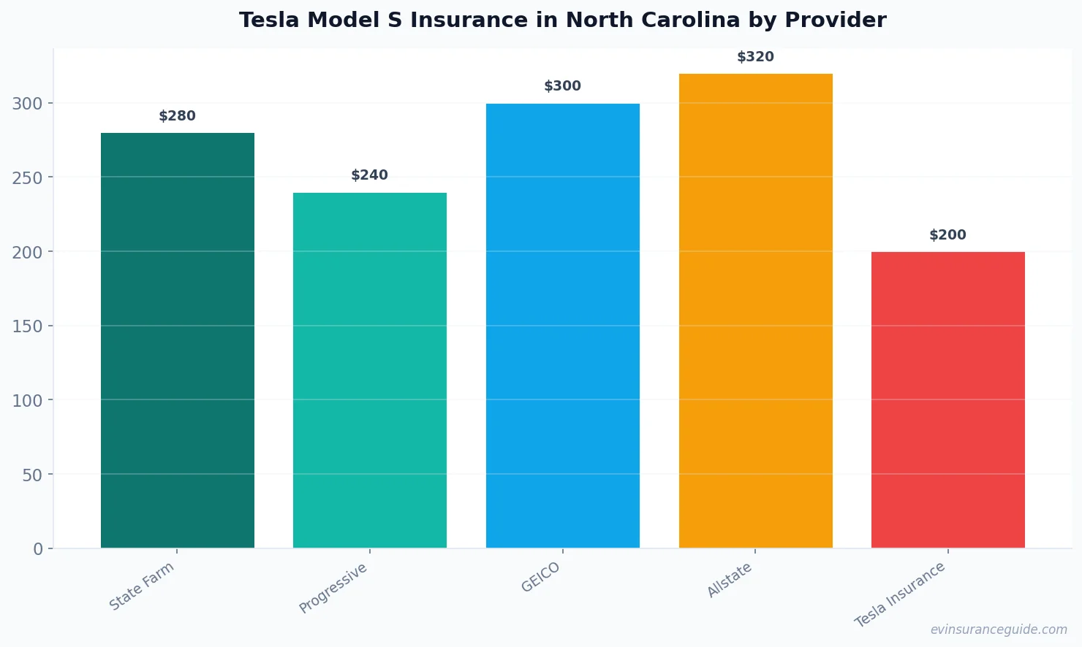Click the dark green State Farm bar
[x=178, y=340]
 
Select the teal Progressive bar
[x=370, y=370]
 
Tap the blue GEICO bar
[x=563, y=326]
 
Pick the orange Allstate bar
[x=755, y=311]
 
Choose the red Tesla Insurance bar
[x=948, y=400]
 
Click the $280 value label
[x=178, y=116]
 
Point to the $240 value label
[x=370, y=175]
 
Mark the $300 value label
[x=563, y=86]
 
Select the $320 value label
[x=755, y=57]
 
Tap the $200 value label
[x=948, y=235]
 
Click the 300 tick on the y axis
[x=27, y=104]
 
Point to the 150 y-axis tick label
[x=27, y=326]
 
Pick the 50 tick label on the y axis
[x=32, y=475]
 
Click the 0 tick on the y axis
[x=38, y=549]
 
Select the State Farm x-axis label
[x=142, y=586]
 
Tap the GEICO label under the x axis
[x=541, y=578]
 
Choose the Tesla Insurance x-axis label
[x=900, y=595]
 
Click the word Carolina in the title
[x=691, y=20]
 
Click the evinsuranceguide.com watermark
[x=999, y=629]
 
